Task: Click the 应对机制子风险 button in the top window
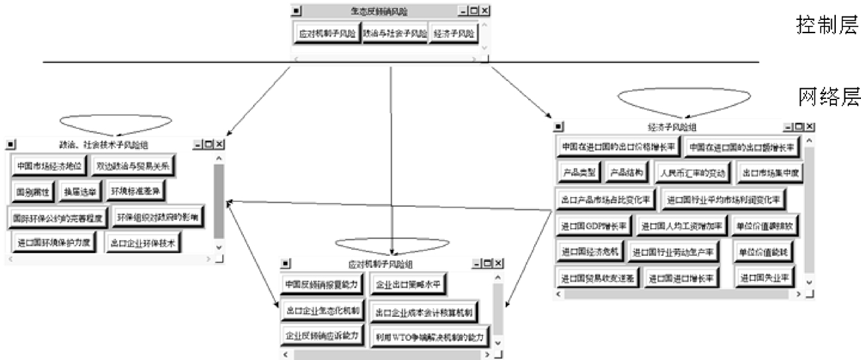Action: click(327, 33)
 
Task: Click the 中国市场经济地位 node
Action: click(49, 166)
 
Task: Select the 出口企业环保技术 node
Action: click(143, 243)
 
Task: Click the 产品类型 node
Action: click(579, 173)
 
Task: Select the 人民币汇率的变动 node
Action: click(692, 173)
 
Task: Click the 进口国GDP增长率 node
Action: click(593, 225)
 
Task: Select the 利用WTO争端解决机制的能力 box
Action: click(430, 336)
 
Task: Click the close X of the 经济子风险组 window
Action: click(810, 126)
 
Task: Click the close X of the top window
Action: click(485, 11)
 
